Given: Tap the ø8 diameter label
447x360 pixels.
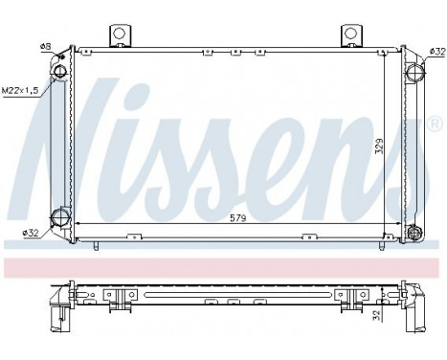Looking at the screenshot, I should point(44,47).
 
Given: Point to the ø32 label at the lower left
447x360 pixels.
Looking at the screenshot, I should point(33,231).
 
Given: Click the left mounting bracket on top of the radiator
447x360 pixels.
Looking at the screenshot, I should point(121,33).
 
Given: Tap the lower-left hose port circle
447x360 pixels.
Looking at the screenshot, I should point(61,215).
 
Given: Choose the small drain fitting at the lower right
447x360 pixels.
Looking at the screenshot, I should point(414,232).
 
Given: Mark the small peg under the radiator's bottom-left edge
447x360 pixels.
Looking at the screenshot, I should point(97,246).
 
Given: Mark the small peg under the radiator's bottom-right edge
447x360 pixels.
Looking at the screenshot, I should point(380,246).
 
